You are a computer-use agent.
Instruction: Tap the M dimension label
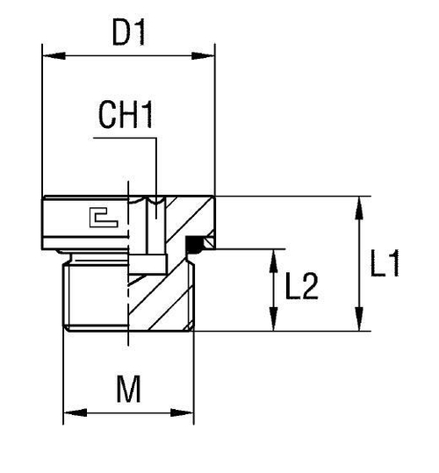(x=128, y=389)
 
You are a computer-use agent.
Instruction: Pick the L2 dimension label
(x=301, y=288)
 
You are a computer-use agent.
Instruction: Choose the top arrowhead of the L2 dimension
(x=275, y=256)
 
